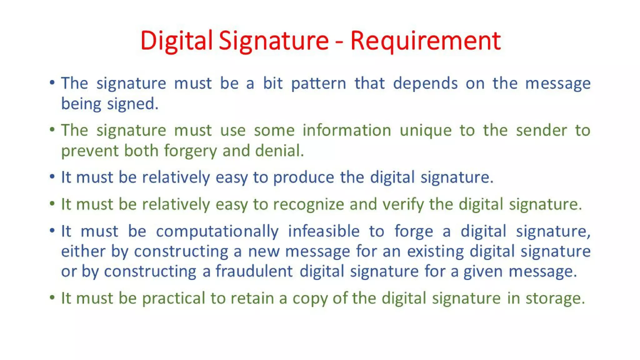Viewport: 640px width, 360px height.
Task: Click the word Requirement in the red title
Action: point(425,41)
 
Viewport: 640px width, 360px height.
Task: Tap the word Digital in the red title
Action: point(176,41)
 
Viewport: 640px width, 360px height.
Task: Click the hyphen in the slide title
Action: point(339,42)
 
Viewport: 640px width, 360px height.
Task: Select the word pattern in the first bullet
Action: point(318,84)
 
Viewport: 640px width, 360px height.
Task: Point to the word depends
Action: point(425,84)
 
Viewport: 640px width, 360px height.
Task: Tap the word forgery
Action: point(190,151)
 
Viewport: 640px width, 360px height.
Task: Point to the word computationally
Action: point(217,232)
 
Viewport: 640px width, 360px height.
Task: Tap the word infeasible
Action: point(323,232)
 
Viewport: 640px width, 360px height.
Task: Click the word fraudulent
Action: point(254,271)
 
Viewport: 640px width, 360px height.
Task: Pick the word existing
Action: point(435,252)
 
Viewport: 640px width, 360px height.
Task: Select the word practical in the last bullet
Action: point(173,298)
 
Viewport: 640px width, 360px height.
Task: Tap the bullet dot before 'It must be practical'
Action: point(52,297)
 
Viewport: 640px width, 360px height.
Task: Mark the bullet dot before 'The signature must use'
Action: point(52,129)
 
